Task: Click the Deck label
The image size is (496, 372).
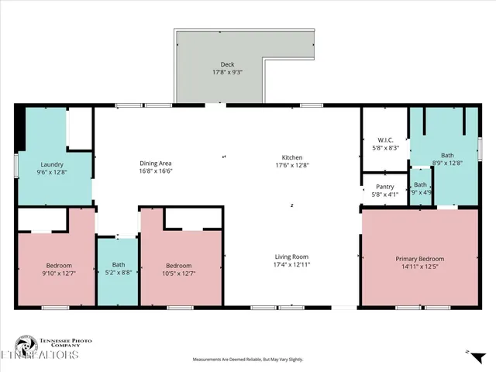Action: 227,64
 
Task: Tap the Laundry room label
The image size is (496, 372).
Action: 52,164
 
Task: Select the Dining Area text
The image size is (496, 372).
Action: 155,163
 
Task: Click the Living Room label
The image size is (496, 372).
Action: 291,257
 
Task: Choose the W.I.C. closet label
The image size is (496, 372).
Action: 385,139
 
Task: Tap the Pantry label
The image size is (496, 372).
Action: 384,187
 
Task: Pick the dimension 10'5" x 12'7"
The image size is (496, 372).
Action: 178,273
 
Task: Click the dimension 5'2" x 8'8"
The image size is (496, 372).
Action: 118,273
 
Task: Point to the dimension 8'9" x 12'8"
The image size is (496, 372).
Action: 446,163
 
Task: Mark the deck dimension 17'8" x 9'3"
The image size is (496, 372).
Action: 227,72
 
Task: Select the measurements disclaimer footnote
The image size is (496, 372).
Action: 248,360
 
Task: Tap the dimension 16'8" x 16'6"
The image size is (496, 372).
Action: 155,171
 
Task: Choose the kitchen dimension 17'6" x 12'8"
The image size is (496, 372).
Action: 291,165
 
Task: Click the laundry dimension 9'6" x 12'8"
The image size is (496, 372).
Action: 52,172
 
